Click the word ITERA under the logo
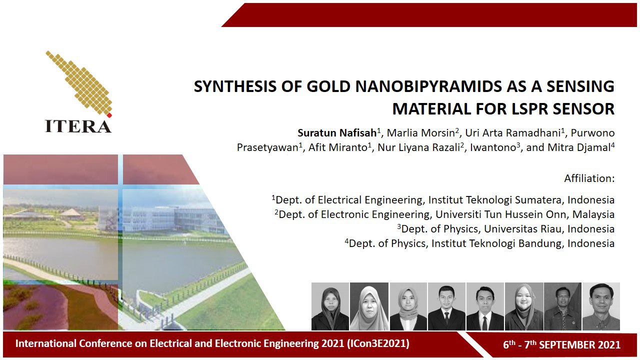(x=78, y=126)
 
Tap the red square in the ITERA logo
(x=109, y=115)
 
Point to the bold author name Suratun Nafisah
(x=337, y=133)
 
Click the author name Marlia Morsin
(x=420, y=133)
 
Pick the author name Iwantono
(x=493, y=147)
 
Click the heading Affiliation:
(x=589, y=178)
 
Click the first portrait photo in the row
(x=330, y=306)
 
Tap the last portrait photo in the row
(x=601, y=306)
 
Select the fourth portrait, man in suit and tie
(x=446, y=306)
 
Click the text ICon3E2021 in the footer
(x=378, y=343)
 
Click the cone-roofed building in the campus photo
(x=71, y=213)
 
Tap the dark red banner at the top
(x=429, y=15)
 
